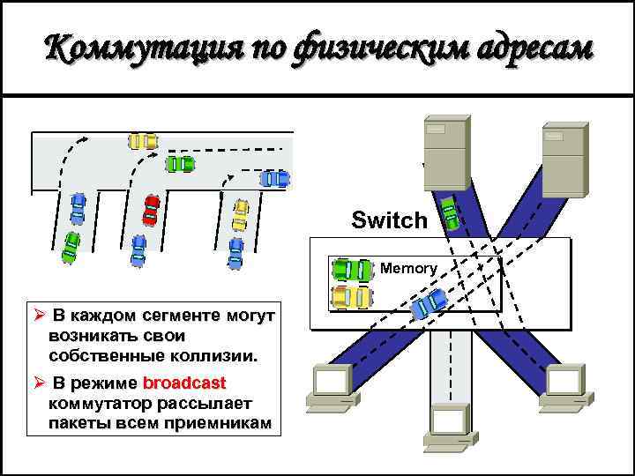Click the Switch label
click(x=389, y=220)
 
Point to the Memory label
click(x=408, y=268)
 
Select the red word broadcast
click(x=184, y=384)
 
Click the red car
click(x=151, y=209)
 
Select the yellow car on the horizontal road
click(x=143, y=140)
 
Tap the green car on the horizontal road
click(x=180, y=163)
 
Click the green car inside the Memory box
click(x=352, y=270)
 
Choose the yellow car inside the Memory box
click(x=351, y=297)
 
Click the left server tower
click(x=444, y=155)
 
